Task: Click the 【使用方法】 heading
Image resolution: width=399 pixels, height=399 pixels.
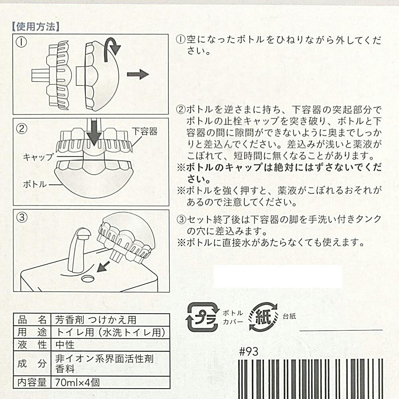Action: click(36, 26)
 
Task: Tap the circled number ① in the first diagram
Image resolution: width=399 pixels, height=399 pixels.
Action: click(22, 42)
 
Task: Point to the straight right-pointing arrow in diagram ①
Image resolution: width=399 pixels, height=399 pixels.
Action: click(138, 74)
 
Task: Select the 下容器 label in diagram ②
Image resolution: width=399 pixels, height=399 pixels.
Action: click(144, 132)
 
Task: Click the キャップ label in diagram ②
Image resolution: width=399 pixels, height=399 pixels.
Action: click(38, 157)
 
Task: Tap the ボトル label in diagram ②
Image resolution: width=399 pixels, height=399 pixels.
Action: click(35, 184)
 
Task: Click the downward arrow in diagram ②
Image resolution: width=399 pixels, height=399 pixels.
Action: click(94, 132)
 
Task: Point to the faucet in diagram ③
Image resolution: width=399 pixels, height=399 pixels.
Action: click(79, 250)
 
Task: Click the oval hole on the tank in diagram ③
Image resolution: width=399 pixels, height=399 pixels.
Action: click(88, 278)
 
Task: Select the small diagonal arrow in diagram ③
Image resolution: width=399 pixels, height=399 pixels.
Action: click(103, 266)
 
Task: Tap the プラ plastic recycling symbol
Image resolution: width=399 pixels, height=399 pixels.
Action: click(203, 317)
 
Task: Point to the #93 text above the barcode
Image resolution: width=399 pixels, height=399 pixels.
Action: click(249, 352)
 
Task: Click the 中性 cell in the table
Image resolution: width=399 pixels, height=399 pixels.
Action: click(65, 345)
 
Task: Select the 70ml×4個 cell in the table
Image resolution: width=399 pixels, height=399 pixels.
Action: click(77, 383)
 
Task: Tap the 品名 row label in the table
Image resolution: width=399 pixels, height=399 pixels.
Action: click(32, 320)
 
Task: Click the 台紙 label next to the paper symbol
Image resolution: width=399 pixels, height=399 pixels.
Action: click(289, 316)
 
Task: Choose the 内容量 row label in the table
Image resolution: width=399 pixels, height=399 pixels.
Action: click(32, 383)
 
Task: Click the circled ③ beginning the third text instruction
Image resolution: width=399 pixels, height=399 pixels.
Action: click(182, 219)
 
